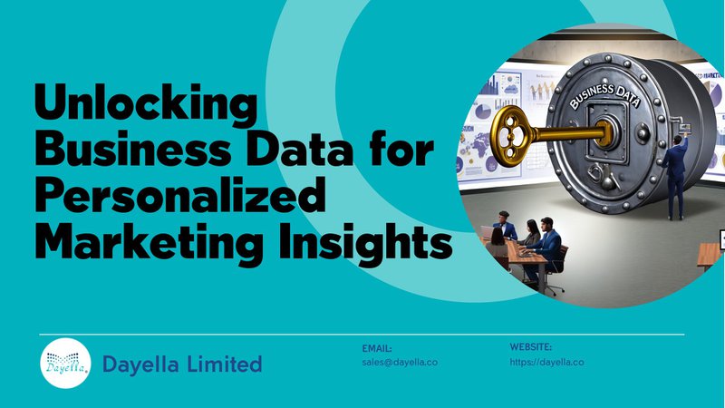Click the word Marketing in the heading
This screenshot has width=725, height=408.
152,242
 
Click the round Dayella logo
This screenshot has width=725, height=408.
65,364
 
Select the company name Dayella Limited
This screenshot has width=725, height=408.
182,364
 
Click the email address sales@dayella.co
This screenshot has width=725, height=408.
400,362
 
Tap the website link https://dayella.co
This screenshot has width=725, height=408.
547,362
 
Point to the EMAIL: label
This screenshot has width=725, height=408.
377,348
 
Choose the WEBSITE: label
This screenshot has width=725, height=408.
531,347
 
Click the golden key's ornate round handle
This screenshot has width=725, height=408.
510,136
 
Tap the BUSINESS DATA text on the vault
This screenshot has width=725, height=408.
604,96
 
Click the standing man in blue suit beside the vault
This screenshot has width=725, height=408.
675,177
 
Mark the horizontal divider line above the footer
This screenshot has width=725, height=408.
362,334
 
